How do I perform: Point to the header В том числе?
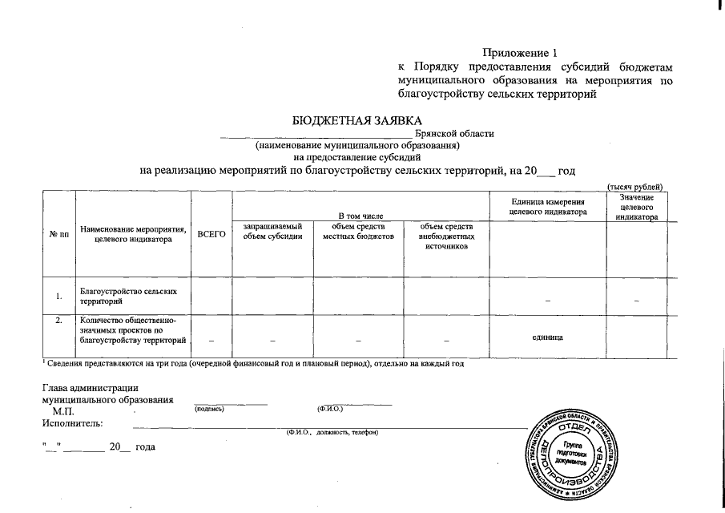[x=360, y=216]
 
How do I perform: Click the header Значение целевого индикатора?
[x=637, y=207]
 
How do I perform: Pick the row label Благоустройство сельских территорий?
[x=128, y=296]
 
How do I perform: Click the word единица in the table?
[x=547, y=337]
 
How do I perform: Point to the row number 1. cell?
[x=58, y=297]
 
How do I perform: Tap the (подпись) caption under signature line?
[x=209, y=410]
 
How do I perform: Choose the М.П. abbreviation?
[x=63, y=410]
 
